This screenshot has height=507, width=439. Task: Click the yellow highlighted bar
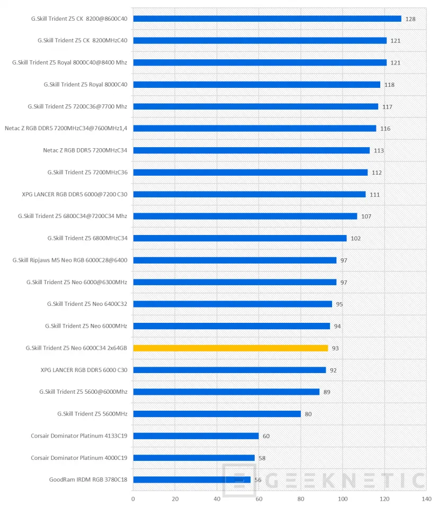click(230, 348)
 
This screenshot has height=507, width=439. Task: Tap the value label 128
click(410, 19)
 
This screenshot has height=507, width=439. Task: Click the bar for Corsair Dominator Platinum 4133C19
click(196, 436)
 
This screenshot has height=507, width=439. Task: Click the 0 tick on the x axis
click(133, 498)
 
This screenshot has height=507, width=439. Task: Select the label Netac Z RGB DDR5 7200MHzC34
click(85, 150)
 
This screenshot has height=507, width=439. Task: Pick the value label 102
click(355, 238)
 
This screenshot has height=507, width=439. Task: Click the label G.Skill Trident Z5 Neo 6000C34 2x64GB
click(76, 348)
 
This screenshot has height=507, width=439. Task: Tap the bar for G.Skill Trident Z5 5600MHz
click(217, 413)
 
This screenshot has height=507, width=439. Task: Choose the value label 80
click(308, 414)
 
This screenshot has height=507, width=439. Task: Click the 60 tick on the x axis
click(259, 498)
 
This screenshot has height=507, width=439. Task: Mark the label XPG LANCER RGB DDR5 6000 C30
click(84, 370)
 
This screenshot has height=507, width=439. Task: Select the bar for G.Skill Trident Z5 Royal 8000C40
click(256, 84)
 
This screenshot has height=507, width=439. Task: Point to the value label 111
click(374, 194)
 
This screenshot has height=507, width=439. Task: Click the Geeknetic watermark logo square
click(239, 480)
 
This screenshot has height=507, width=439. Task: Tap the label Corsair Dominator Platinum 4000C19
click(79, 457)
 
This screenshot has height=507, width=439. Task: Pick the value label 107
click(366, 216)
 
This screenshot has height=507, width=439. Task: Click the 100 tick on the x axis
click(343, 498)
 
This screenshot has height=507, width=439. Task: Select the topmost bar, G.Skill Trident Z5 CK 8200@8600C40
click(267, 19)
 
